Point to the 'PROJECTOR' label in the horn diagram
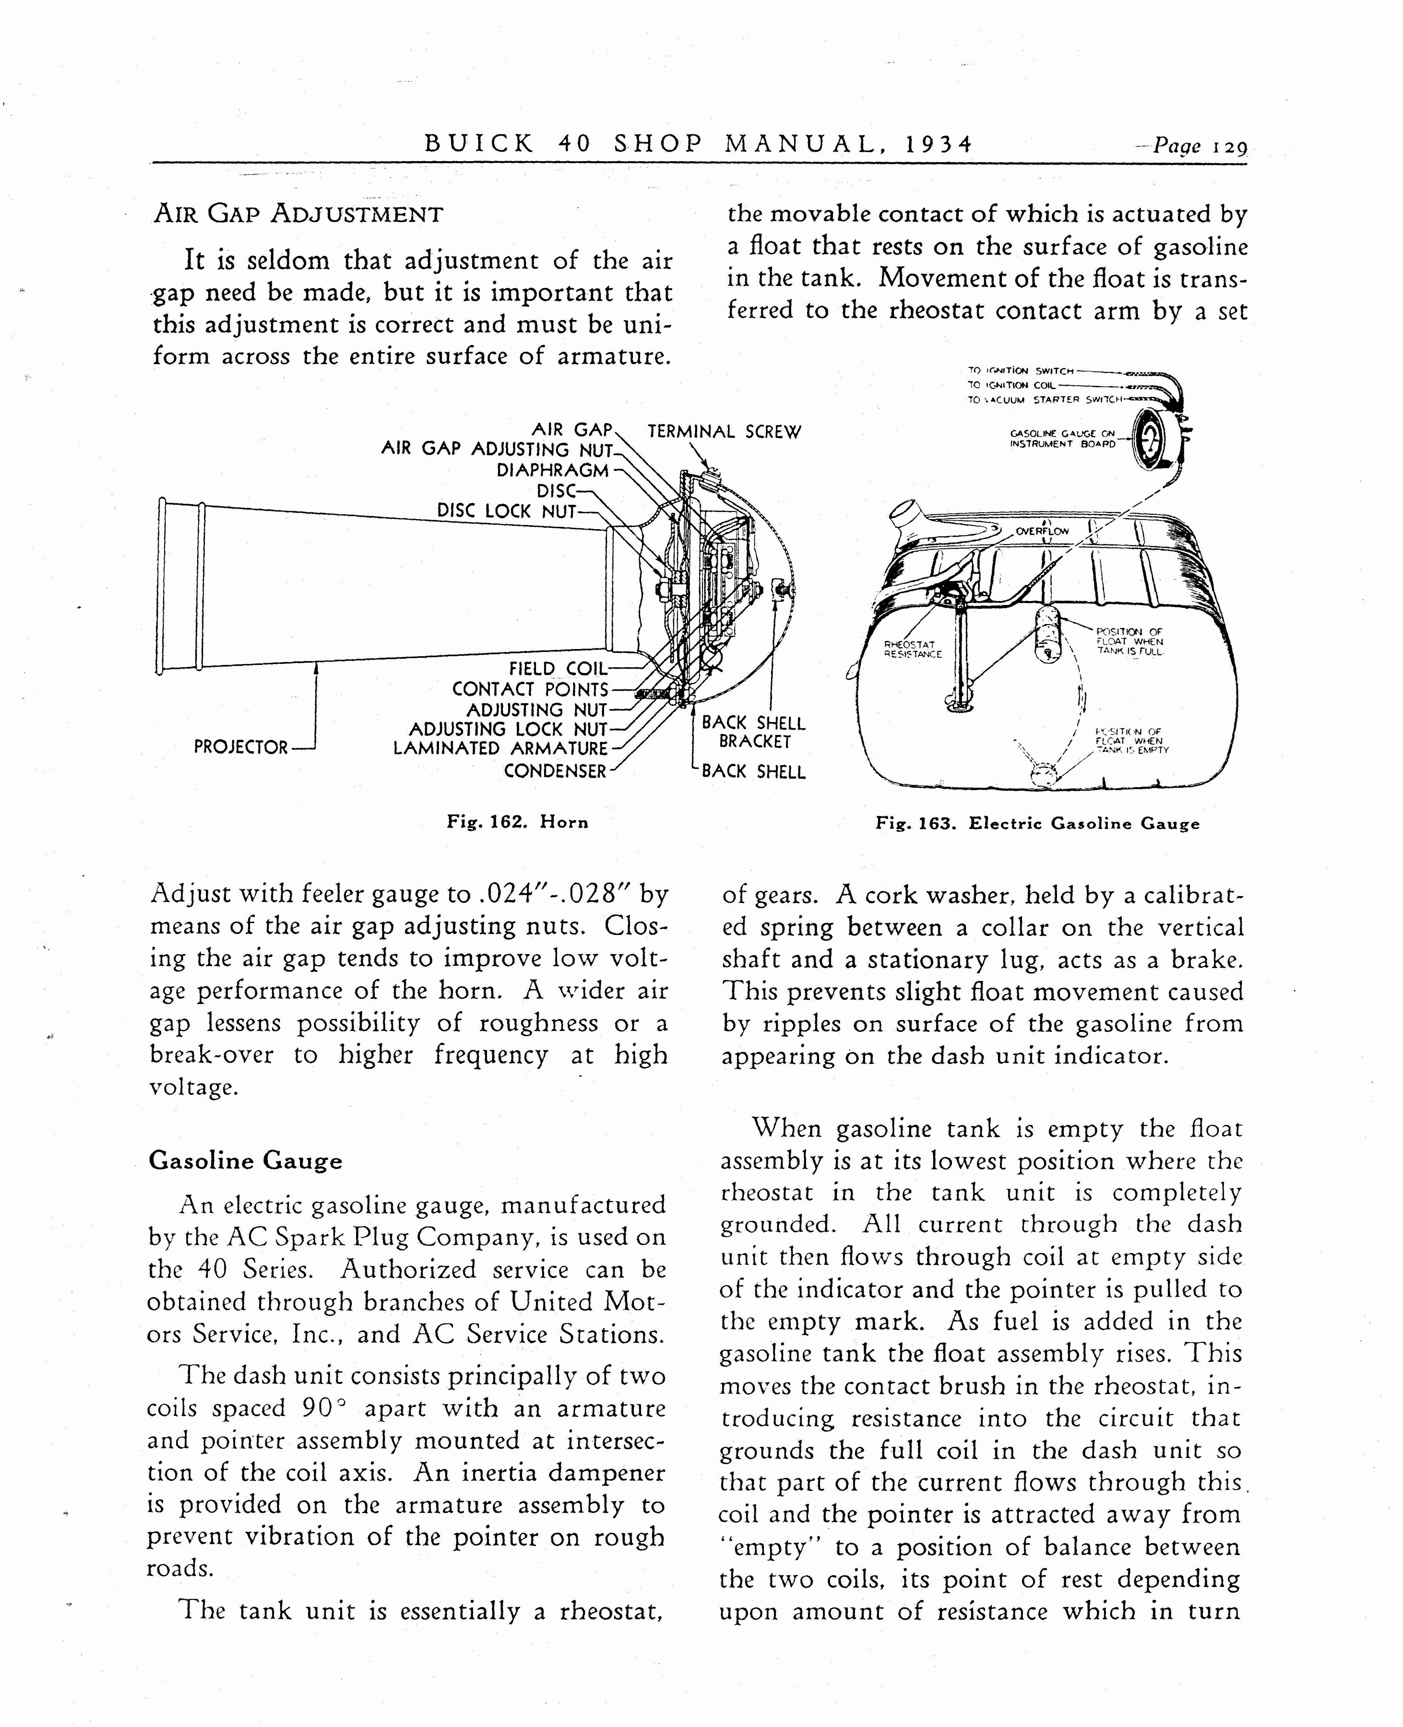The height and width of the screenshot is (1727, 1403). point(241,747)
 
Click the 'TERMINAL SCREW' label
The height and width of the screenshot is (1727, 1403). point(724,432)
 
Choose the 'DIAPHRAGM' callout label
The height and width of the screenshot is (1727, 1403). point(552,470)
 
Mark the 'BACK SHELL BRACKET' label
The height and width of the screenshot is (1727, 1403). point(753,732)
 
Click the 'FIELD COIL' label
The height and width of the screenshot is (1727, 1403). point(558,669)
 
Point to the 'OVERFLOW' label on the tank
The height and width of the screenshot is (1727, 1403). point(1043,531)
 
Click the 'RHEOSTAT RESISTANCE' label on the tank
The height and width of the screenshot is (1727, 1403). point(913,649)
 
